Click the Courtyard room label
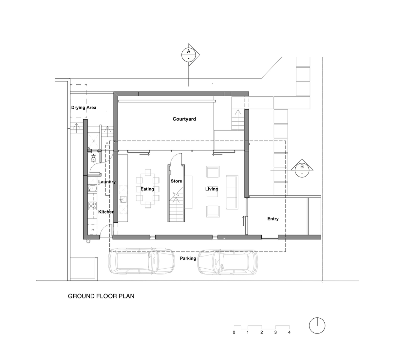(x=184, y=119)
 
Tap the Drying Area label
(x=84, y=107)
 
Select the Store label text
(x=176, y=181)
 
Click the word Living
(x=212, y=189)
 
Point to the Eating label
(x=147, y=189)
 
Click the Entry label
(x=273, y=219)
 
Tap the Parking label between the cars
(x=188, y=258)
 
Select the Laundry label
(x=107, y=182)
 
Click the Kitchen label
(x=106, y=212)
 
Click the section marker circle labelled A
(x=188, y=55)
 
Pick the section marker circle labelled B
(x=302, y=170)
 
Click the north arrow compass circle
(x=317, y=326)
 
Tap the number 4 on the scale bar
(x=289, y=332)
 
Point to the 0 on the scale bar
(x=234, y=332)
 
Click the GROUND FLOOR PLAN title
(x=101, y=296)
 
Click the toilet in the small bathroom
(x=93, y=159)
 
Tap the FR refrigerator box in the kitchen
(x=93, y=230)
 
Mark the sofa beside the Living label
(x=232, y=192)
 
